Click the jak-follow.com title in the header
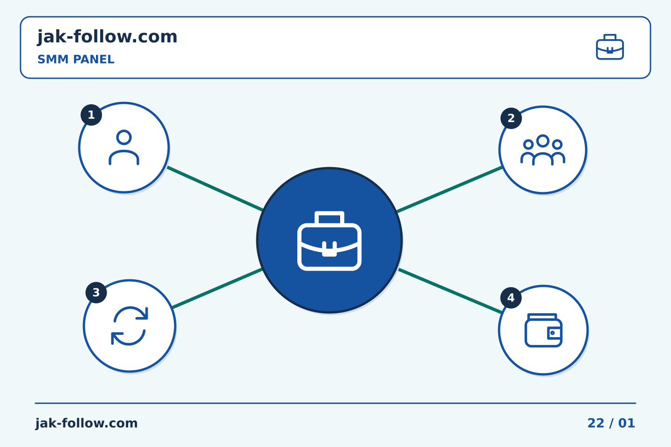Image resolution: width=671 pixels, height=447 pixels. tap(107, 37)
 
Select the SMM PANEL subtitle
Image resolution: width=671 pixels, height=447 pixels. tap(76, 59)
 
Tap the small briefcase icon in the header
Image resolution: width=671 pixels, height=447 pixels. tap(610, 47)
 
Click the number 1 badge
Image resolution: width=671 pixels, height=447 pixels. tap(91, 115)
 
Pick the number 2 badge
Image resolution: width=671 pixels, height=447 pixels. tap(511, 118)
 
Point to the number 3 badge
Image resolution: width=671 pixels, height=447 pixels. tap(96, 292)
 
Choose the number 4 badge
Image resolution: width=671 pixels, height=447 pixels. tap(511, 298)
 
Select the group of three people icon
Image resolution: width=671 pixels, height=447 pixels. tap(543, 150)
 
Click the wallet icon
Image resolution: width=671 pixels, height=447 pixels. tap(543, 330)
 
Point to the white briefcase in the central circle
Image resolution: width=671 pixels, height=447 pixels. tap(329, 241)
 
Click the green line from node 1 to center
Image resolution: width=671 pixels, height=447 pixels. tap(215, 188)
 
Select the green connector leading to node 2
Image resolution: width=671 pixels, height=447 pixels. tap(449, 190)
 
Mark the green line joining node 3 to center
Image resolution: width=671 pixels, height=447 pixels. tap(218, 288)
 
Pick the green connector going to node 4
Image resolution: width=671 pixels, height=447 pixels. tap(450, 291)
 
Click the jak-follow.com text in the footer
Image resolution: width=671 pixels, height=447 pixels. tap(86, 423)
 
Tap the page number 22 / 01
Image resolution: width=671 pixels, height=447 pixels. tap(611, 423)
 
